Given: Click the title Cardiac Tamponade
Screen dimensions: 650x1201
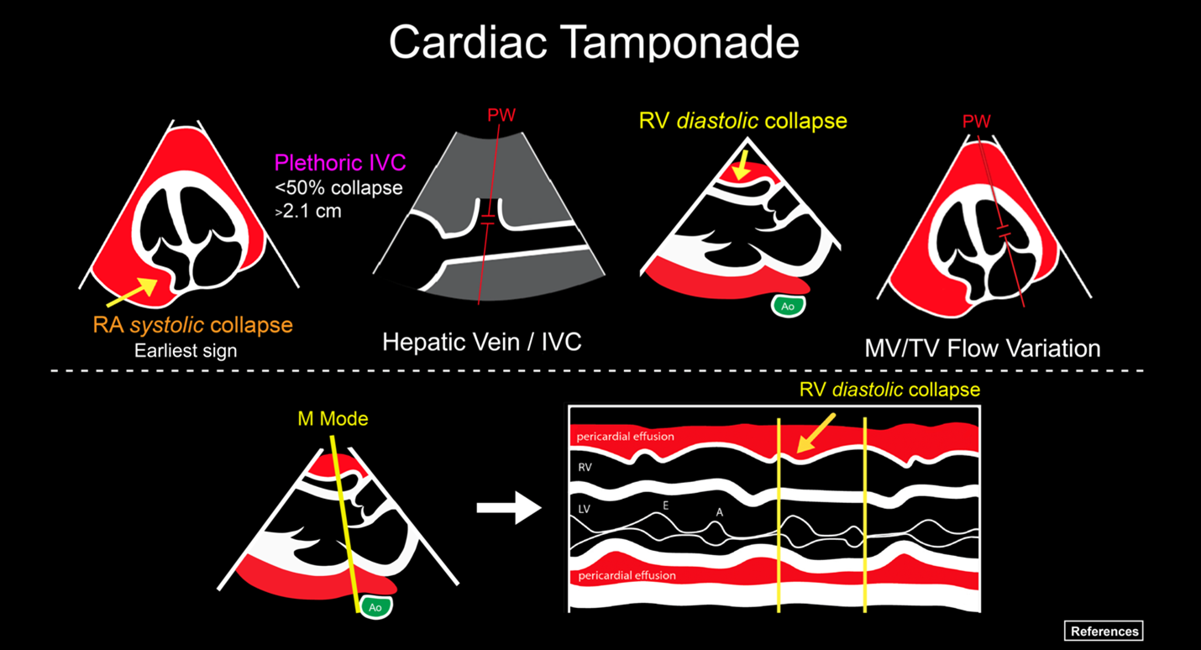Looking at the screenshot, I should [594, 42].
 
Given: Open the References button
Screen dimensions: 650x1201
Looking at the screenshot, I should [1104, 631].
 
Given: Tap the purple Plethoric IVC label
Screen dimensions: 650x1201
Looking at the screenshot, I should [338, 161].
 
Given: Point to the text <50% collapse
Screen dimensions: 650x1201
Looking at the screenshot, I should [338, 187].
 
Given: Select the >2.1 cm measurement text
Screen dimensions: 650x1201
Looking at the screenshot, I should [308, 211].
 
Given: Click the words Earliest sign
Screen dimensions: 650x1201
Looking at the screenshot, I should [186, 350].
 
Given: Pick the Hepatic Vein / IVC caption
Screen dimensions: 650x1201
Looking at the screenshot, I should [481, 342].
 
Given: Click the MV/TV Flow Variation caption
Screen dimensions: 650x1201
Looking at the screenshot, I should [983, 348].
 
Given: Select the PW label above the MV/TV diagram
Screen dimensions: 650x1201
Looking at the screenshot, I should [976, 122].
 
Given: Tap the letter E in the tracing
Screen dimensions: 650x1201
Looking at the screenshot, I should [665, 506].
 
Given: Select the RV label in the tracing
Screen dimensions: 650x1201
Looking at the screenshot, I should [585, 468].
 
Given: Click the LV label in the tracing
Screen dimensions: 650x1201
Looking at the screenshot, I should [585, 509].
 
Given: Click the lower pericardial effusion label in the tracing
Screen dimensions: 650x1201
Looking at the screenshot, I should [626, 576].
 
